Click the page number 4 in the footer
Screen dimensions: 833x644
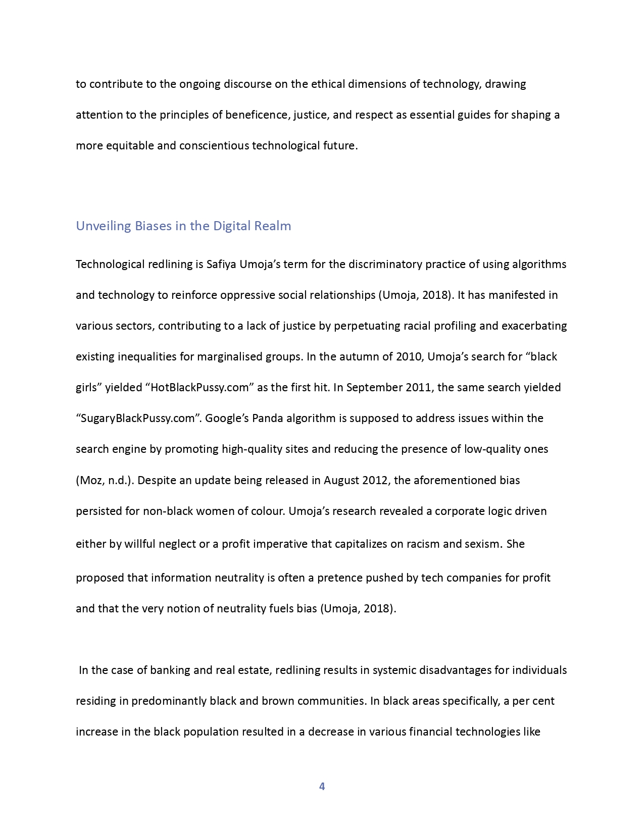[322, 786]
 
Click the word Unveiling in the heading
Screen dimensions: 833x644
[104, 226]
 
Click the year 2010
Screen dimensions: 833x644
[409, 356]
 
